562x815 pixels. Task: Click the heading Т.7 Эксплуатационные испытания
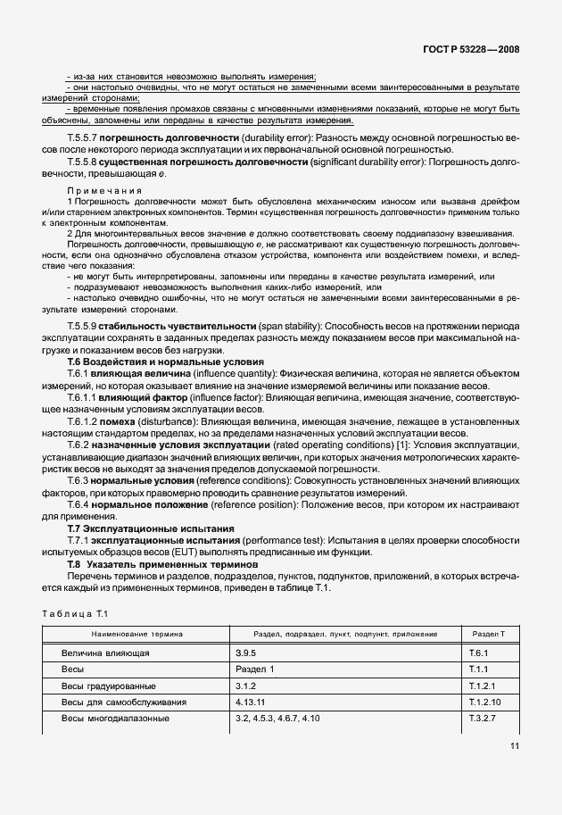[x=152, y=528]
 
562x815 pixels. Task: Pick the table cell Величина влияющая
[x=104, y=653]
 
